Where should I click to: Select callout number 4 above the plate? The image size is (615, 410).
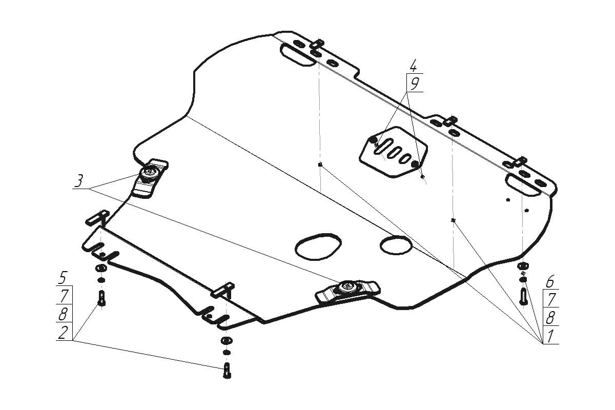pos(413,66)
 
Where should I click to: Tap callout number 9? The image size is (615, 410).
pos(415,84)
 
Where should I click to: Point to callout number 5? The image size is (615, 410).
pos(62,279)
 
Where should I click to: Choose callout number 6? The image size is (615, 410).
pos(550,281)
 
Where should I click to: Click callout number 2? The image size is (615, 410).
pos(62,333)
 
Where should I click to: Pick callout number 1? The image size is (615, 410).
pos(550,336)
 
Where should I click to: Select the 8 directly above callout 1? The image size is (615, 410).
pos(550,318)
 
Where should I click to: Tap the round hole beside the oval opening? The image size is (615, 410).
pos(396,244)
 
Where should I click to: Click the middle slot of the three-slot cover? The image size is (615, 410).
pos(395,152)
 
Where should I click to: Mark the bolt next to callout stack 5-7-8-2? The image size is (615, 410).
pos(101,298)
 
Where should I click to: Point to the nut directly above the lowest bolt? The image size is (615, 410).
pos(226,341)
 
